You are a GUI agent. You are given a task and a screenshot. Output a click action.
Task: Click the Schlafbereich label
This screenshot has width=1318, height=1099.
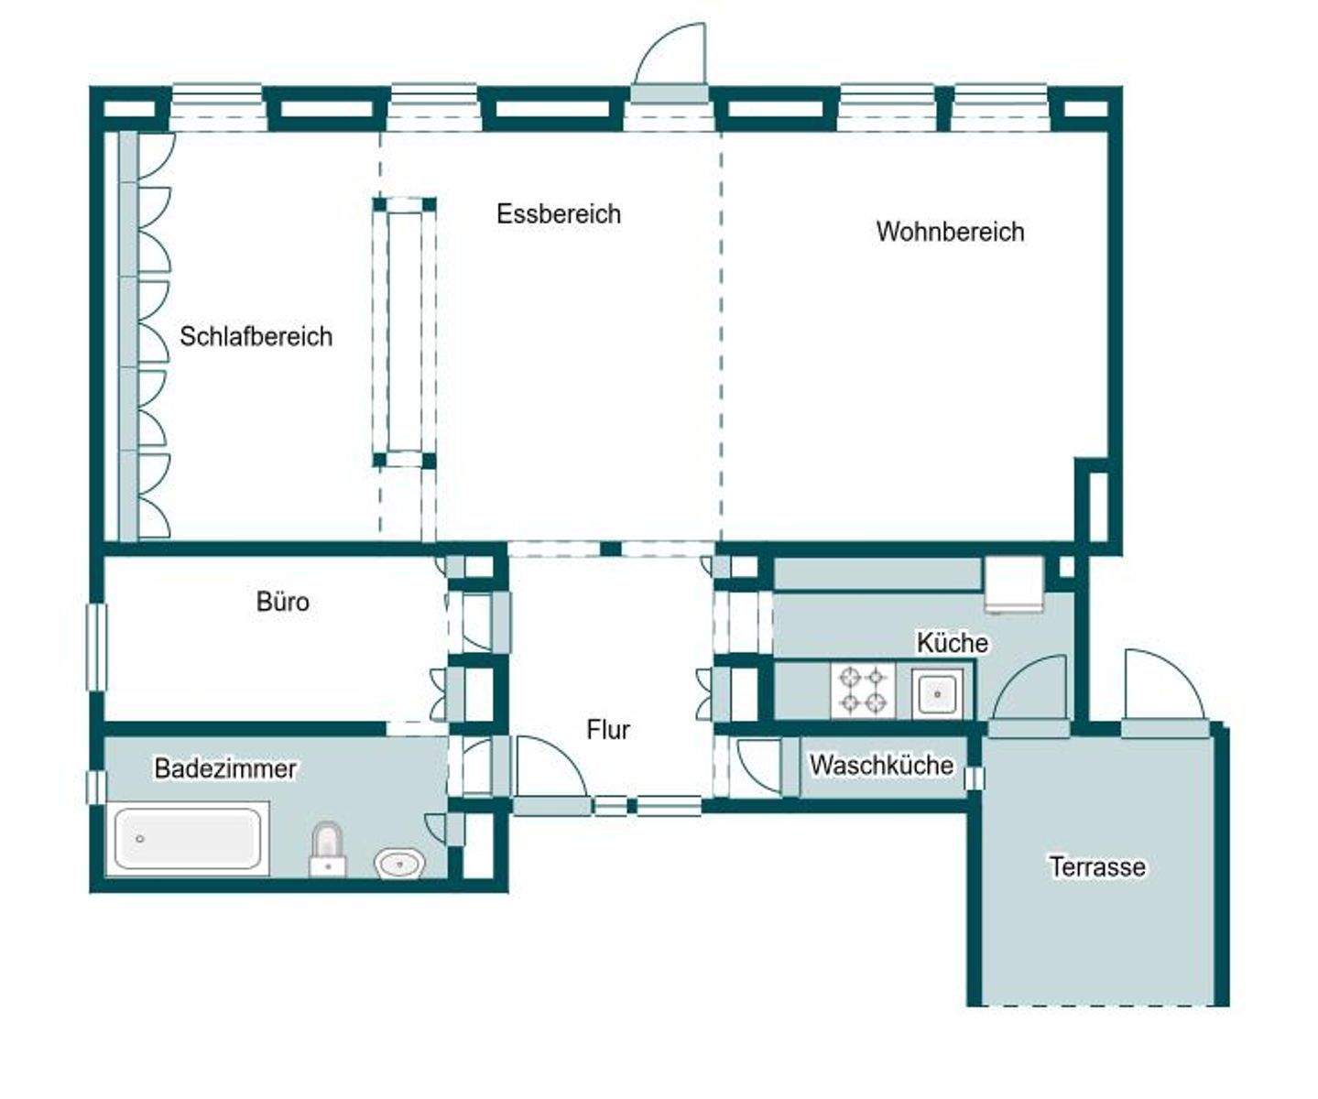point(256,336)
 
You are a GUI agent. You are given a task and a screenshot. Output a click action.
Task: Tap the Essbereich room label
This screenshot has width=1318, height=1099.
point(558,213)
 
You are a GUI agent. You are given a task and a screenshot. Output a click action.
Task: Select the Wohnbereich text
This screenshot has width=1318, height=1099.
point(950,232)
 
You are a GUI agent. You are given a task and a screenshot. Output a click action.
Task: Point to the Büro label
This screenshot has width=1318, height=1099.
point(282,602)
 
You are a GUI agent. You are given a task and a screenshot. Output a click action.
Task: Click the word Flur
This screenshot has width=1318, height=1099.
point(608,730)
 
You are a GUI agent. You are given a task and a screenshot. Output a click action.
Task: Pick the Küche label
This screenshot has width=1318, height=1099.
point(952,643)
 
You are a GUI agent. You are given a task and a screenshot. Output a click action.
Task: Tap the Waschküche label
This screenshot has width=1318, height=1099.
point(881,765)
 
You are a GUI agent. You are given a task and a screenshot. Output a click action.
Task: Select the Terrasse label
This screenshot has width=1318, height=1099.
point(1096,866)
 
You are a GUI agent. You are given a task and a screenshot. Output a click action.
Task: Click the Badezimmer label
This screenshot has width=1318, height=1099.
point(224,768)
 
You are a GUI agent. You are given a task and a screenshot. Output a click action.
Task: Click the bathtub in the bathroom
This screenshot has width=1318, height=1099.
point(188,839)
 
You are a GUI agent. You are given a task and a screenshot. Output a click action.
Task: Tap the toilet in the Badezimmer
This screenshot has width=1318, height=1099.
point(327,849)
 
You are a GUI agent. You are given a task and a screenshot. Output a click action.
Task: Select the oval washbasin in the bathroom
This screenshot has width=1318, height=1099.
point(399,863)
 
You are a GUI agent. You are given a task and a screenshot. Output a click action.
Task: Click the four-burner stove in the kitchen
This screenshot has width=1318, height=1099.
point(863,691)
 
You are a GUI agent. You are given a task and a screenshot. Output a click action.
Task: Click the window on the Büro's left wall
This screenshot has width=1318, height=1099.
point(96,646)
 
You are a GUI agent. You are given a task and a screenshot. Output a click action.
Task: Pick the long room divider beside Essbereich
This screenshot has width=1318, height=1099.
point(403,331)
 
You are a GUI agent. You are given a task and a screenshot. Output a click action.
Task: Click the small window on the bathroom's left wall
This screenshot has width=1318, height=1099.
point(95,787)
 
